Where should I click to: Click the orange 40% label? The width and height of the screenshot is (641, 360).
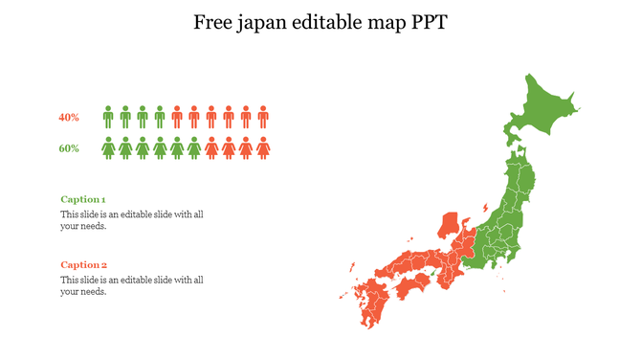(69, 118)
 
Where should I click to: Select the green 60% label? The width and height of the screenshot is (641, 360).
(69, 148)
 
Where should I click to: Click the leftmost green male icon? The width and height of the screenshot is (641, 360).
(108, 117)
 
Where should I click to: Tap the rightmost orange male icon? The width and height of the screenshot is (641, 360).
(263, 117)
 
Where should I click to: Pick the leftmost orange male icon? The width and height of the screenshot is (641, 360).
(177, 117)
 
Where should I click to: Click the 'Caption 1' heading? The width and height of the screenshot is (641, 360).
(83, 199)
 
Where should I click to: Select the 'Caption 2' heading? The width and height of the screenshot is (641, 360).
(84, 264)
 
